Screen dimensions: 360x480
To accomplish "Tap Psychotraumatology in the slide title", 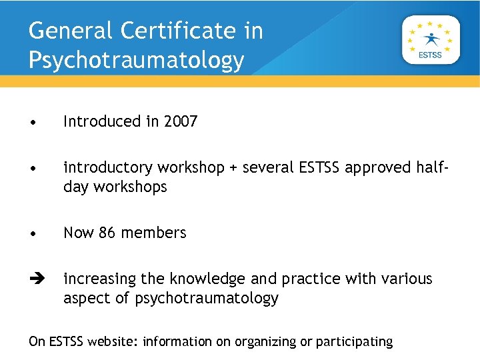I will (x=137, y=60).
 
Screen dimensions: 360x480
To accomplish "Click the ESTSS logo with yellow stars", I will (x=430, y=40).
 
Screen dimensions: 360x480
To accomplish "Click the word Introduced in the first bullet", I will (x=101, y=121).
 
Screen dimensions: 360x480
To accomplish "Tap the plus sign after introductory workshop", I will (x=233, y=168).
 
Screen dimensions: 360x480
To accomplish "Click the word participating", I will (x=354, y=342).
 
